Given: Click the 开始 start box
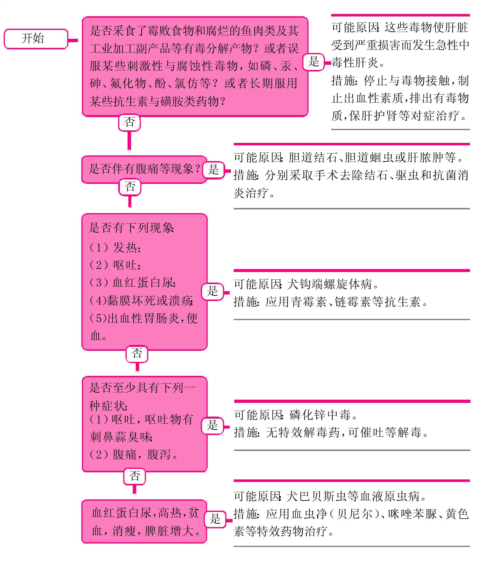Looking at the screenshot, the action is [x=36, y=39].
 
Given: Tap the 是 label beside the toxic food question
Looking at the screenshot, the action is [x=314, y=62].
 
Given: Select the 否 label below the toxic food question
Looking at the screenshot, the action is [x=130, y=122].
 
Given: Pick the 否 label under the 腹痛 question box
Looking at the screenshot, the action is [x=130, y=187].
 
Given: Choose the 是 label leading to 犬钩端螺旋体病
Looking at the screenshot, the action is [x=212, y=291].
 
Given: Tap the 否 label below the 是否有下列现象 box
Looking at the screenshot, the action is [x=137, y=354].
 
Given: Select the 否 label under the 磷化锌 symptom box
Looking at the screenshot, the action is [x=134, y=476].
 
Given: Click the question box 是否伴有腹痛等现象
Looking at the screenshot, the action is [x=144, y=169].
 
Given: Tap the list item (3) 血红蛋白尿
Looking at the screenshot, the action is [x=133, y=283].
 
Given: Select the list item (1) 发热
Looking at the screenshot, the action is [x=115, y=247].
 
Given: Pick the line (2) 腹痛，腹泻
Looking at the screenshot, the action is [x=134, y=455].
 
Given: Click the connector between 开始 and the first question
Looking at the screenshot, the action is [x=73, y=40].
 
